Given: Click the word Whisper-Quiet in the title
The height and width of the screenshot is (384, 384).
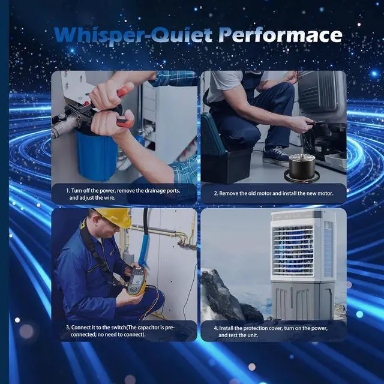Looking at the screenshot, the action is coord(133,35).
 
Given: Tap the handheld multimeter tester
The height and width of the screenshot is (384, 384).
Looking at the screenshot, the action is coord(136,281).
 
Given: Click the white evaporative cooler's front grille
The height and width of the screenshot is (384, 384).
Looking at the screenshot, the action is coord(293,251).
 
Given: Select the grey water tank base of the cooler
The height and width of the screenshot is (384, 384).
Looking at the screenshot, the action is coord(302,301).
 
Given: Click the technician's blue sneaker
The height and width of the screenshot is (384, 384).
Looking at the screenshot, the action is coord(276,156).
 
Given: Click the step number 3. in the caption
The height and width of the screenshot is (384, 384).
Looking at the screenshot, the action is coord(68,328).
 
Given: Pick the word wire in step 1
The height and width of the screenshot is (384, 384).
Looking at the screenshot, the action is coord(110,197).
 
